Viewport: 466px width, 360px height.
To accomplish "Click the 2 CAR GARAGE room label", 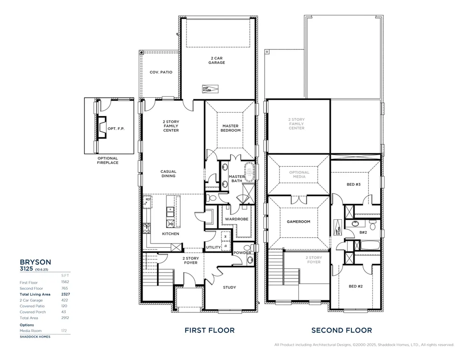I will (217, 61).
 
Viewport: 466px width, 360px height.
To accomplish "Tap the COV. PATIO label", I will (161, 73).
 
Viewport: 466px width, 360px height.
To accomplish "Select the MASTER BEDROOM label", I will (231, 128).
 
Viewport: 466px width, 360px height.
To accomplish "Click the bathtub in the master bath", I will (249, 171).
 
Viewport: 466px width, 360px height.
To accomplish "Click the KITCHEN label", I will (170, 234).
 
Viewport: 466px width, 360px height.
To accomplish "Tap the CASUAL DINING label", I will (168, 174).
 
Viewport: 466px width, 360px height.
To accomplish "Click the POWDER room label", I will (242, 253).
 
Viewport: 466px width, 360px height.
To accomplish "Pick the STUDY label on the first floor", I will (229, 287).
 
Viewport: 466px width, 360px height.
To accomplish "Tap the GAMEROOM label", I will (298, 222).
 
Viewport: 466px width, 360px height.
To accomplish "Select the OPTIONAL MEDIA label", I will (299, 175).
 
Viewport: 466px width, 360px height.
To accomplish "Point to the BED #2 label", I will (356, 286).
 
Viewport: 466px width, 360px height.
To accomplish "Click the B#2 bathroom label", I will (363, 232).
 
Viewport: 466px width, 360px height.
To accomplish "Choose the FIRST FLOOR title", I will (209, 330).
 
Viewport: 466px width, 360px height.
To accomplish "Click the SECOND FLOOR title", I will (342, 330).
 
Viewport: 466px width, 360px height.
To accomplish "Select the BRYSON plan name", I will (35, 262).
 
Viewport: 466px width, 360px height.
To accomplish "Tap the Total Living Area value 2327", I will (65, 294).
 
